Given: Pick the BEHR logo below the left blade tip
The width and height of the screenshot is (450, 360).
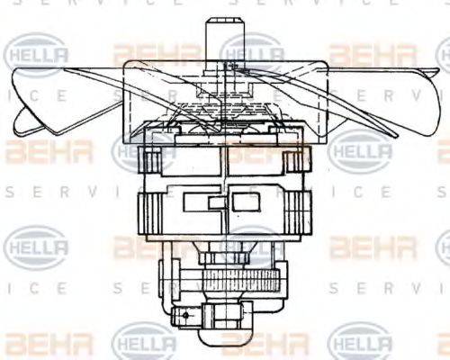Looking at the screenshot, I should (36, 150).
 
